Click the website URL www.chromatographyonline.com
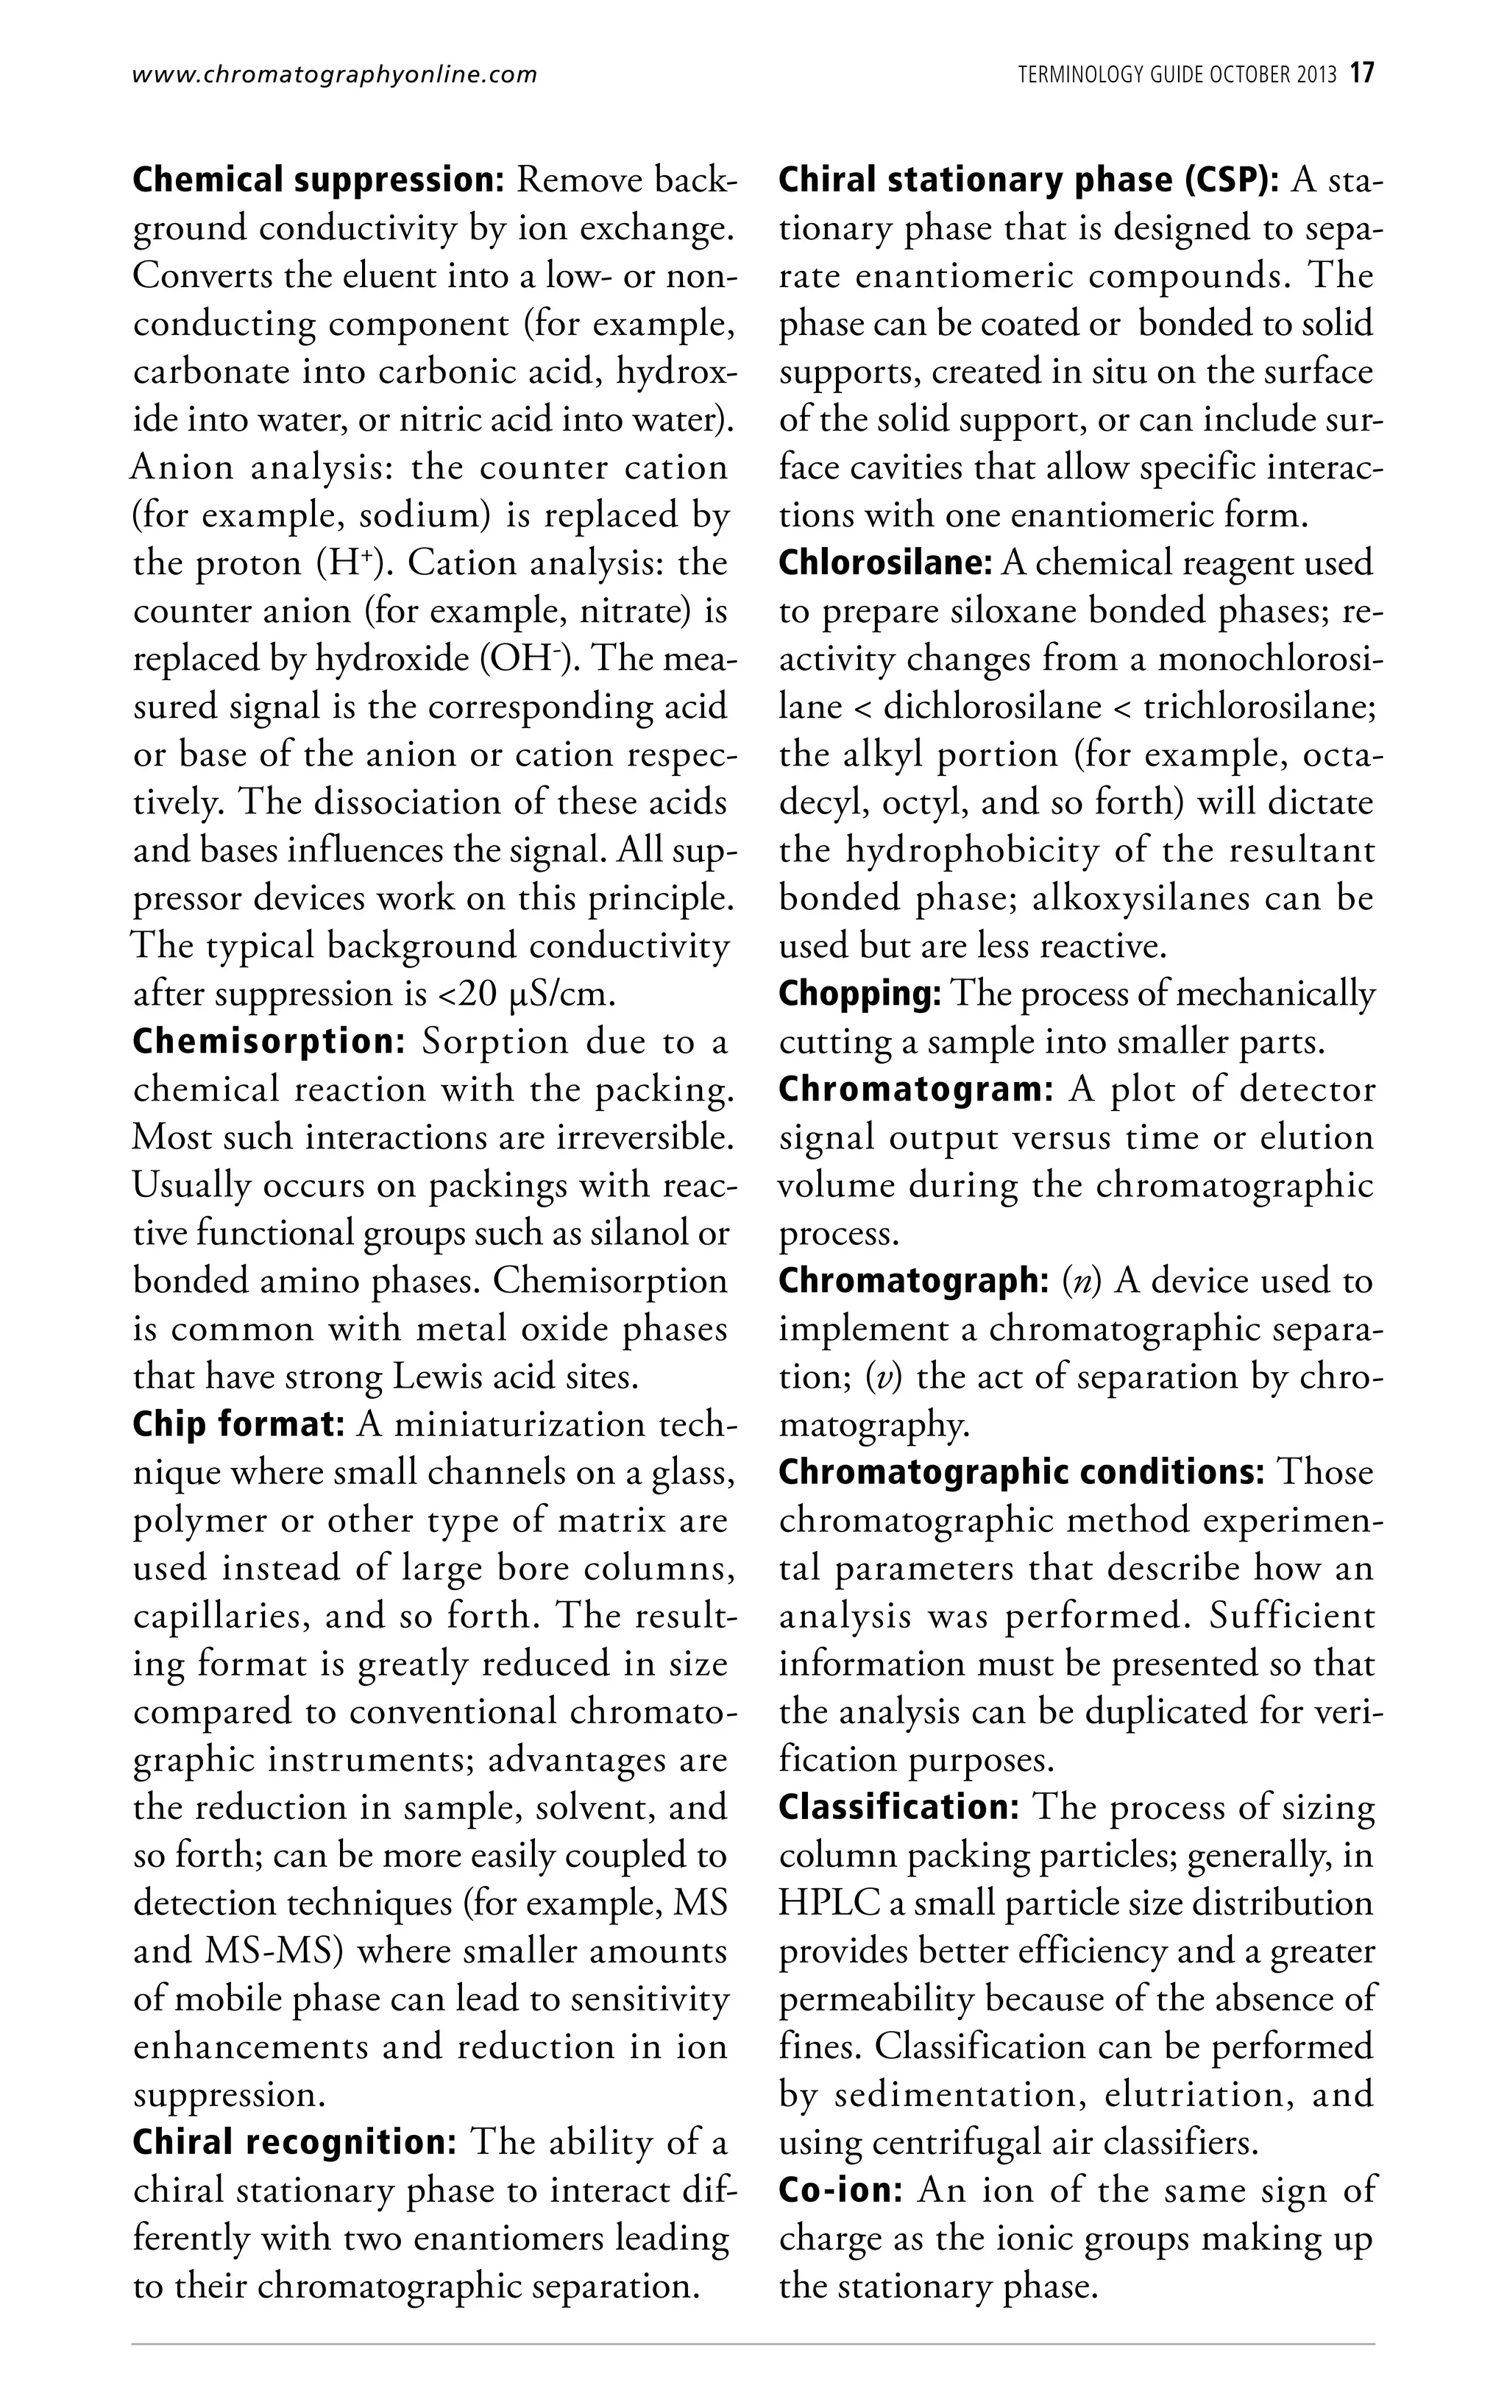tap(334, 74)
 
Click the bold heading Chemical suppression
tap(321, 180)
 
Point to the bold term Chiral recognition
tap(294, 2143)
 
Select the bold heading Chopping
tap(860, 994)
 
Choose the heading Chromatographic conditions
tap(1021, 1473)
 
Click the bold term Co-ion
tap(841, 2191)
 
